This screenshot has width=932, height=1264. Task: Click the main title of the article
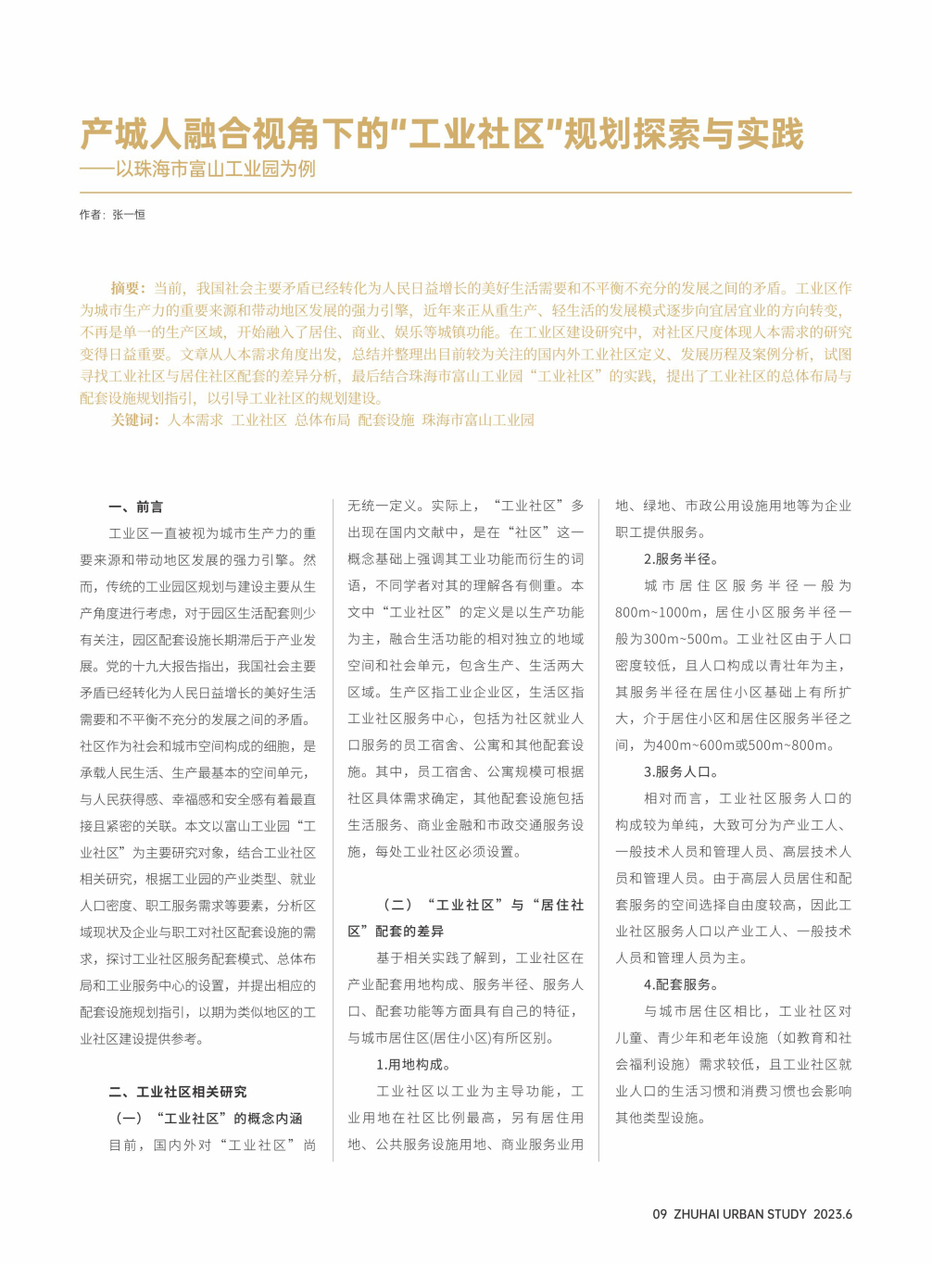(442, 134)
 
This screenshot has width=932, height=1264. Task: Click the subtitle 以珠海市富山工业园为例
(215, 169)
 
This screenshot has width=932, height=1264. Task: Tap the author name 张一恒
(129, 215)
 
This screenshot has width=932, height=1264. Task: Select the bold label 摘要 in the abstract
(128, 288)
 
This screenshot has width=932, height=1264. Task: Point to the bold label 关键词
(135, 419)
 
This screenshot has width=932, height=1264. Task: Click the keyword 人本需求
(195, 419)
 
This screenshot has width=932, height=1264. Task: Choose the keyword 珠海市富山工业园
(478, 419)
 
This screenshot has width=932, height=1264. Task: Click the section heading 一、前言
(136, 507)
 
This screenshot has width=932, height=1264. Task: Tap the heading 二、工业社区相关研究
(178, 1092)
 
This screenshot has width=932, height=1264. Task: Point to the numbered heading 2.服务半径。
(681, 559)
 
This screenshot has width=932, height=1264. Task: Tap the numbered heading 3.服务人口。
(681, 771)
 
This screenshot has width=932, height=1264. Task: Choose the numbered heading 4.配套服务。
(681, 984)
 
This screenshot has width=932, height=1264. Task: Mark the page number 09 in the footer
(660, 1214)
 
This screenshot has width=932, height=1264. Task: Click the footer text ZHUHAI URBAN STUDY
(740, 1214)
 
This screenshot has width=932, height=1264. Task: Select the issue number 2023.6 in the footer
(833, 1214)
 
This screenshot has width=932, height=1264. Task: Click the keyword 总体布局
(322, 419)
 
